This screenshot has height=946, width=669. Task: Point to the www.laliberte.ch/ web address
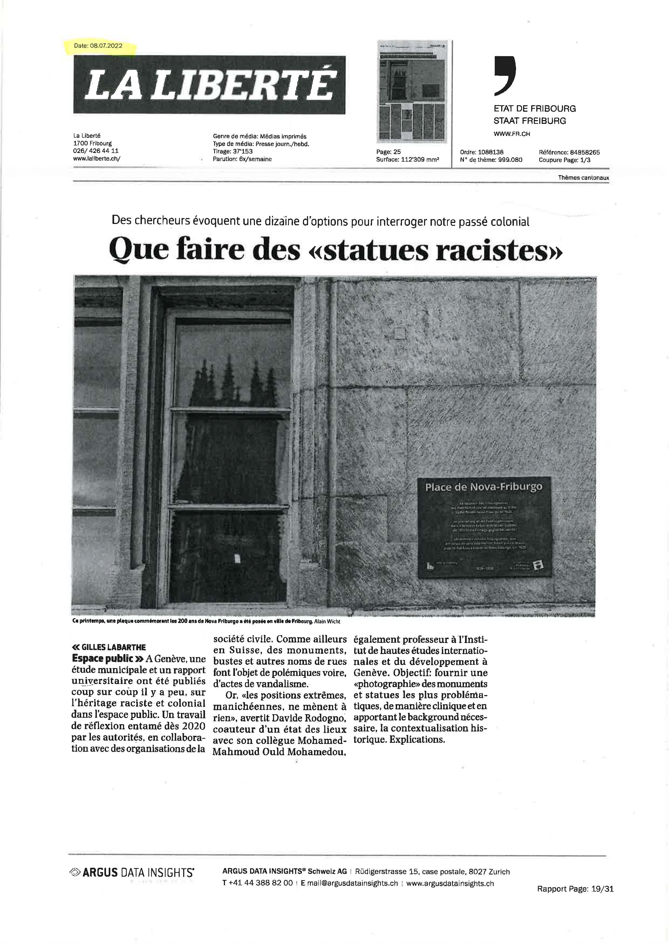[x=97, y=159]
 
